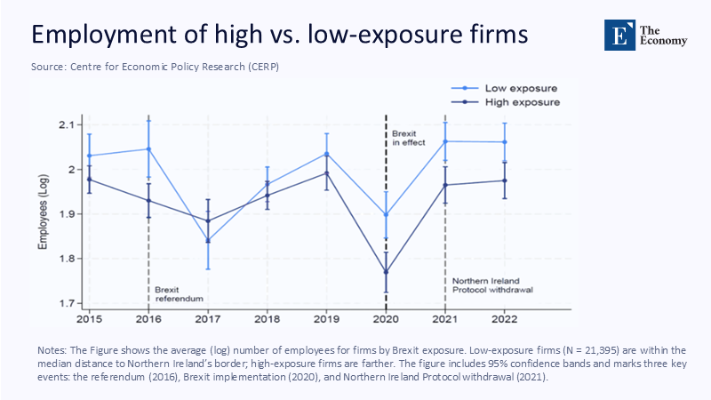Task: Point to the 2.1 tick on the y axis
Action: click(x=66, y=124)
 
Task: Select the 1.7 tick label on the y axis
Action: click(x=66, y=304)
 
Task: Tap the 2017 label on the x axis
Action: click(x=208, y=317)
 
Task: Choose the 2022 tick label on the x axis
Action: click(x=505, y=317)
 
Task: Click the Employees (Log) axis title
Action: click(x=44, y=214)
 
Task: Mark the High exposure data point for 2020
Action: click(x=386, y=272)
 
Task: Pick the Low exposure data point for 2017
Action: click(x=208, y=241)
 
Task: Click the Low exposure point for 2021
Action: click(x=445, y=141)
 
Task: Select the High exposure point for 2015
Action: click(x=89, y=180)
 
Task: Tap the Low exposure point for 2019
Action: click(x=326, y=154)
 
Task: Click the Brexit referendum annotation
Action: click(x=173, y=294)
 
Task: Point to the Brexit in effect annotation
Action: click(x=409, y=137)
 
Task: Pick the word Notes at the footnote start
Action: click(x=52, y=349)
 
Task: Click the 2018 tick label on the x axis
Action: click(x=268, y=317)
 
